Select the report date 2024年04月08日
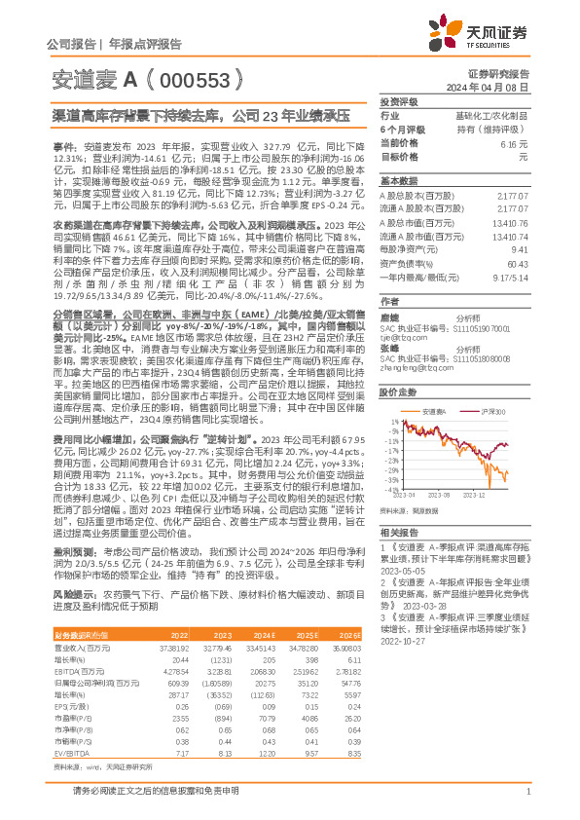[x=500, y=87]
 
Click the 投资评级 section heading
[x=400, y=101]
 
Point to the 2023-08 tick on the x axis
[x=436, y=495]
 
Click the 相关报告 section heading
[x=399, y=533]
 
